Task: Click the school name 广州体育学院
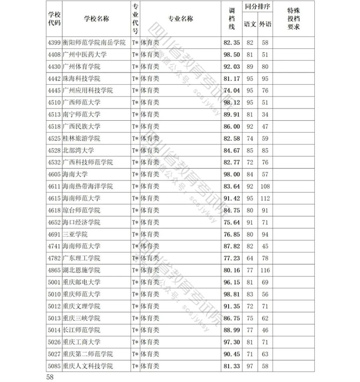click(x=81, y=66)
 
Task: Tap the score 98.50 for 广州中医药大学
click(x=232, y=54)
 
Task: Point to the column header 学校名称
click(x=96, y=19)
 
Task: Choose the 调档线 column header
click(x=231, y=19)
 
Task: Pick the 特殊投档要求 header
click(x=297, y=19)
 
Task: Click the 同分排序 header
click(x=258, y=8)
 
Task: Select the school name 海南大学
click(x=76, y=174)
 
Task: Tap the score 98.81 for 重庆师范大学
click(x=232, y=294)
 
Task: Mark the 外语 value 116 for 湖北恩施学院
click(x=265, y=270)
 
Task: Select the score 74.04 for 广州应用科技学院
click(x=232, y=90)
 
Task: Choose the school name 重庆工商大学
click(x=81, y=342)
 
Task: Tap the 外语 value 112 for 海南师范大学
click(x=265, y=198)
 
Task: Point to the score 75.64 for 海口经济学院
click(x=232, y=222)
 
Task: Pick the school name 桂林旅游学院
click(x=81, y=138)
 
